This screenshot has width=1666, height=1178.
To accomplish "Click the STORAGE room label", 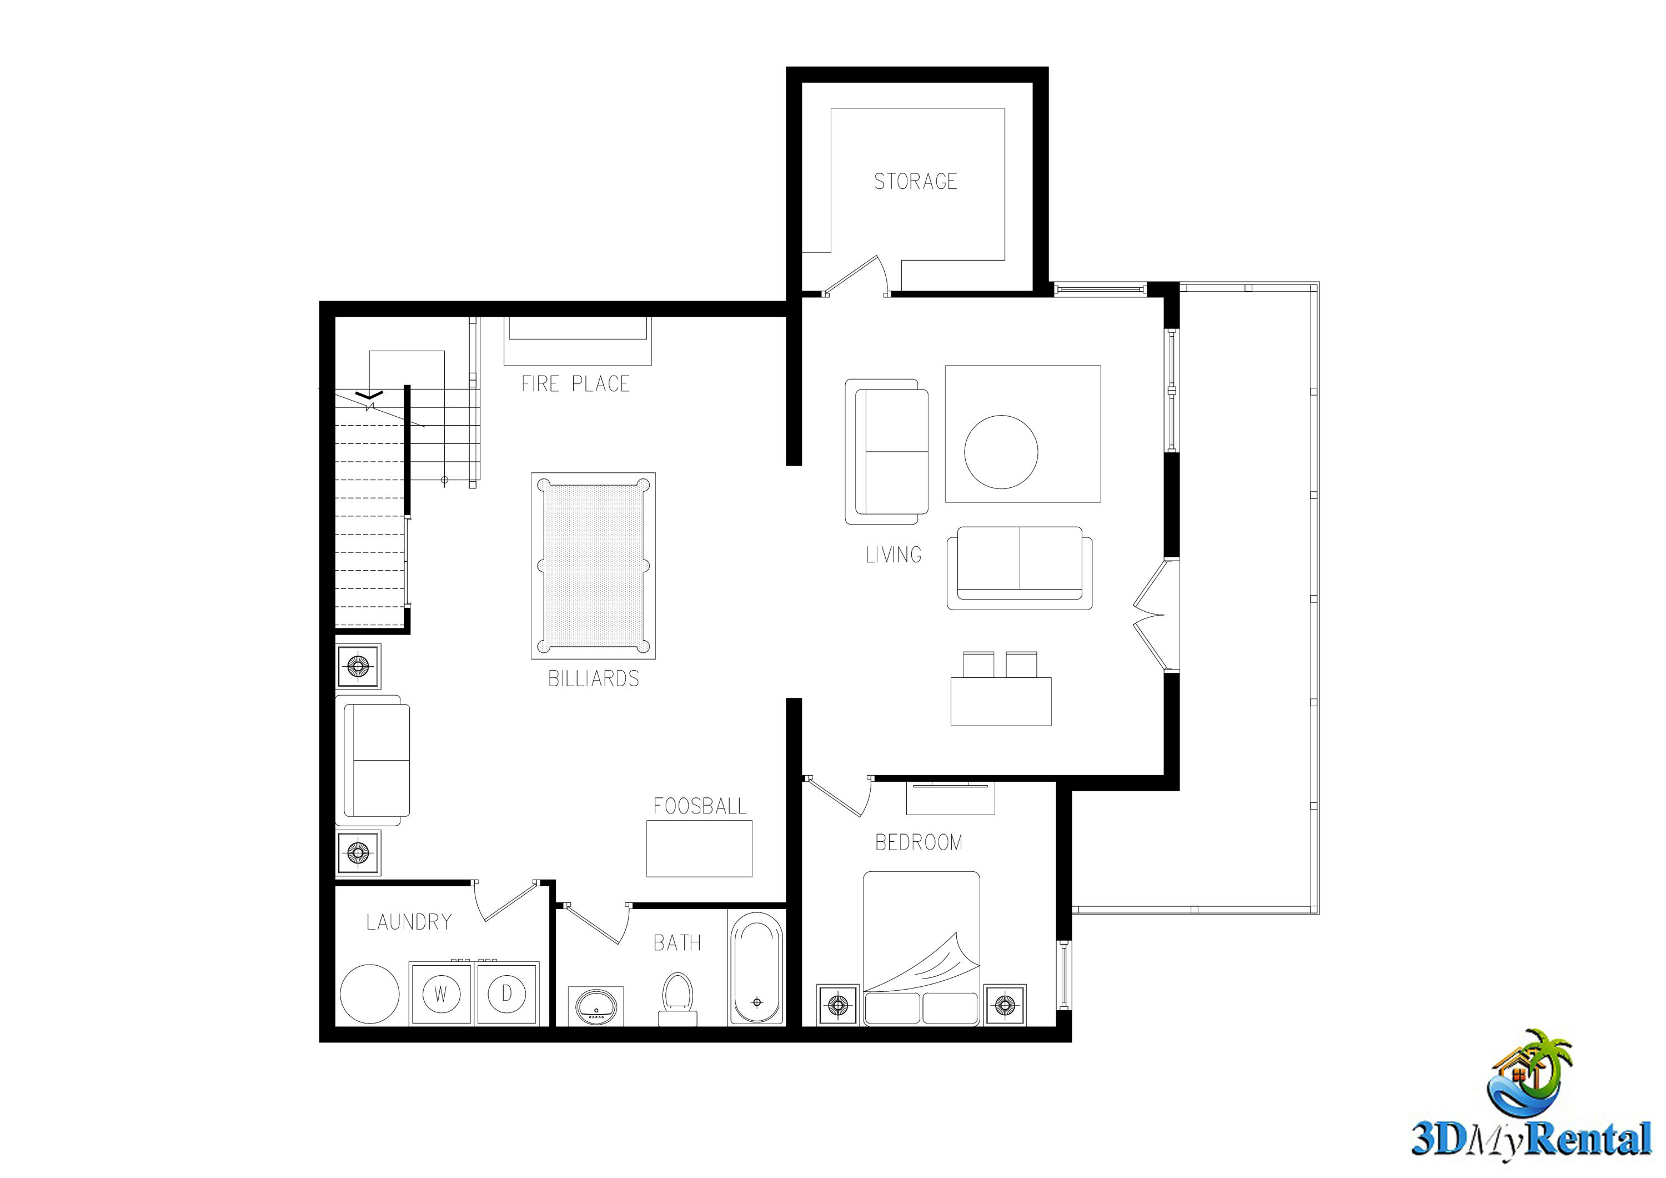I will point(915,182).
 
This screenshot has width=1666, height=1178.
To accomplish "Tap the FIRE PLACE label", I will point(575,384).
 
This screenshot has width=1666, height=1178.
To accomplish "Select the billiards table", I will point(593,566).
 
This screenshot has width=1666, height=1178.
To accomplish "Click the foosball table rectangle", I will point(699,848).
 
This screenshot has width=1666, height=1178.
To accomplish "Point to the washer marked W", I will point(440,994).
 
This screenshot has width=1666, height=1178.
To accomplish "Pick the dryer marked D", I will point(506,993).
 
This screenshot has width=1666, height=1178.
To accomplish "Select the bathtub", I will point(756,969).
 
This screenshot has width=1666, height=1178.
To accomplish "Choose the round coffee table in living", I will point(1001,451).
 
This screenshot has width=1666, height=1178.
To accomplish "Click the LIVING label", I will point(893,555).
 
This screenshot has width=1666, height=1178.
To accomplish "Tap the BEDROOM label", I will point(919,843).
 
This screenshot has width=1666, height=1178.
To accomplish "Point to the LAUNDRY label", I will point(409,922).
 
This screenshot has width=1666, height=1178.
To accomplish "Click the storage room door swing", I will point(856,276).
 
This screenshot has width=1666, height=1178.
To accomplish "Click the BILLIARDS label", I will point(594,678).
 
